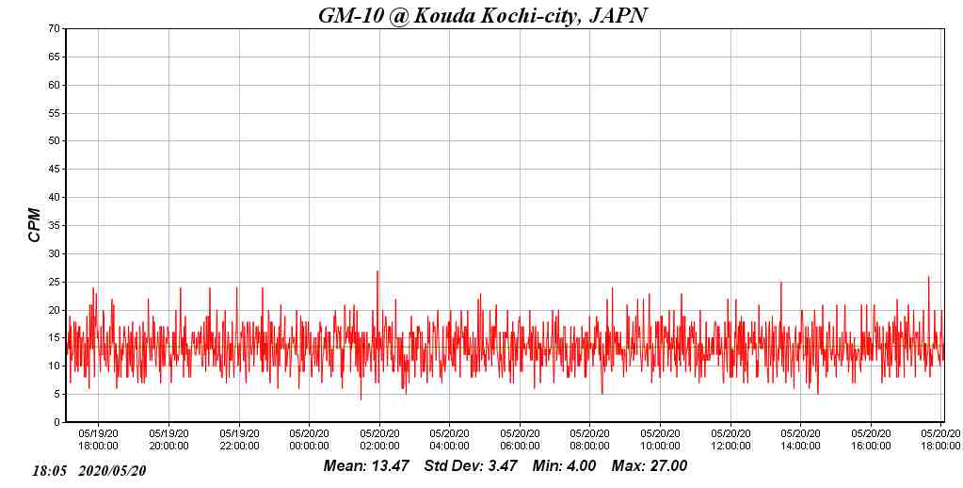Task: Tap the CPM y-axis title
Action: tap(35, 225)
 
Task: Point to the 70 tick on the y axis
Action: tap(55, 29)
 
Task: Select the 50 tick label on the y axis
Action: tap(55, 141)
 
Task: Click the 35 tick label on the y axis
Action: tap(55, 226)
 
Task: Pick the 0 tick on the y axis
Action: tap(57, 422)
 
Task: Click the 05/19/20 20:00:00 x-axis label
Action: tap(169, 440)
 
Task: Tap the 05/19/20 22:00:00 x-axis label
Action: tap(239, 440)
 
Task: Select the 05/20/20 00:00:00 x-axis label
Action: tap(309, 440)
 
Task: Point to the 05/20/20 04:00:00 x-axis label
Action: tap(449, 440)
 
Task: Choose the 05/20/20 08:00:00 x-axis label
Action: tap(589, 440)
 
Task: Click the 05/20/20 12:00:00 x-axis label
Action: tap(730, 440)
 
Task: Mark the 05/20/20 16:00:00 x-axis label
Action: tap(871, 440)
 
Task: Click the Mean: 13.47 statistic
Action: tap(366, 466)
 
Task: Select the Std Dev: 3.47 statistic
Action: tap(471, 466)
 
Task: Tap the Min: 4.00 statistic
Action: tap(564, 466)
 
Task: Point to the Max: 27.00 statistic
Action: tap(650, 466)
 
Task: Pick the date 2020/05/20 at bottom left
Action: tap(113, 470)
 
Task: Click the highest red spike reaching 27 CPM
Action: tap(377, 272)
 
